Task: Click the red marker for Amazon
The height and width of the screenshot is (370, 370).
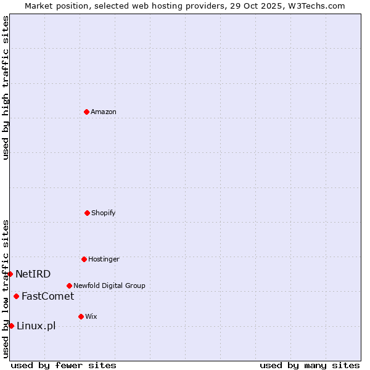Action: tap(86, 112)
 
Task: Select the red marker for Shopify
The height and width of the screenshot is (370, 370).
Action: tap(87, 213)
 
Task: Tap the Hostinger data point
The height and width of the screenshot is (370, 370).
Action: tap(84, 259)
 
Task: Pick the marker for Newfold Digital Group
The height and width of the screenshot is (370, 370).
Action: tap(69, 286)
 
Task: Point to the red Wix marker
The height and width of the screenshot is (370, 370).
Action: tap(81, 316)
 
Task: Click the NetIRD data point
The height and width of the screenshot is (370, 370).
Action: tap(10, 274)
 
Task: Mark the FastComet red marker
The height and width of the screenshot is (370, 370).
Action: tap(16, 296)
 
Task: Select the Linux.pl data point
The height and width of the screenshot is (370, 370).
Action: tap(11, 326)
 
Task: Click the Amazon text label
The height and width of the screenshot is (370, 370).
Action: tap(104, 112)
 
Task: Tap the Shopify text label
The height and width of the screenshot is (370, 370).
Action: tap(104, 213)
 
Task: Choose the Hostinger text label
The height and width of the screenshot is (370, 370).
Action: tap(104, 259)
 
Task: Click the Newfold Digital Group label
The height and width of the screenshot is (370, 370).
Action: tap(109, 286)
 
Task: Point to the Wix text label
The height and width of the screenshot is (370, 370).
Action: tap(91, 316)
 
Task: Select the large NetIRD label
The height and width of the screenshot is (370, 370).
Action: tap(33, 274)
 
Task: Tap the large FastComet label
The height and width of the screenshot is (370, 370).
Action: tap(47, 296)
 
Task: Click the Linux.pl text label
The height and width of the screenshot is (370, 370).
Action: tap(36, 326)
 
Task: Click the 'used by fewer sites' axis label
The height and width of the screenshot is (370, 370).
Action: tap(64, 365)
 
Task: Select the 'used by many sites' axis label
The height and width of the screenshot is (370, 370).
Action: tap(310, 365)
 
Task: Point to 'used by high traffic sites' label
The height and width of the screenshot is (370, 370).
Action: tap(6, 88)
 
